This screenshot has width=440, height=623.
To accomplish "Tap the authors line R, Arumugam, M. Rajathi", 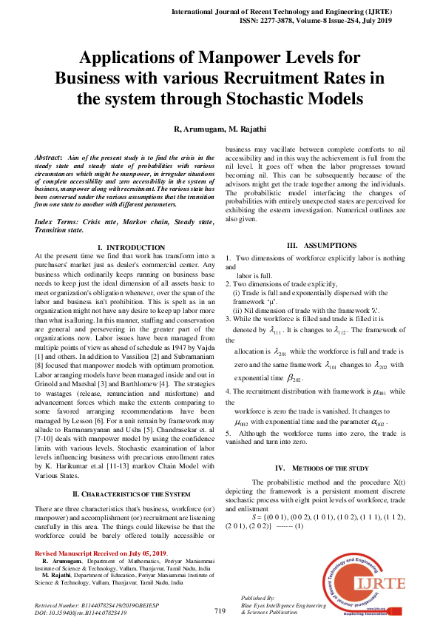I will pyautogui.click(x=220, y=129).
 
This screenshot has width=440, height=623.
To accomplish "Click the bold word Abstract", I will pyautogui.click(x=49, y=158).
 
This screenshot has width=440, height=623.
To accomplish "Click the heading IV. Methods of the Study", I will pyautogui.click(x=322, y=468).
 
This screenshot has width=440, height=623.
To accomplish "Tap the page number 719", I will pyautogui.click(x=220, y=610).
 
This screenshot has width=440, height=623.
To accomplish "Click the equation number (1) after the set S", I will pyautogui.click(x=299, y=525).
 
